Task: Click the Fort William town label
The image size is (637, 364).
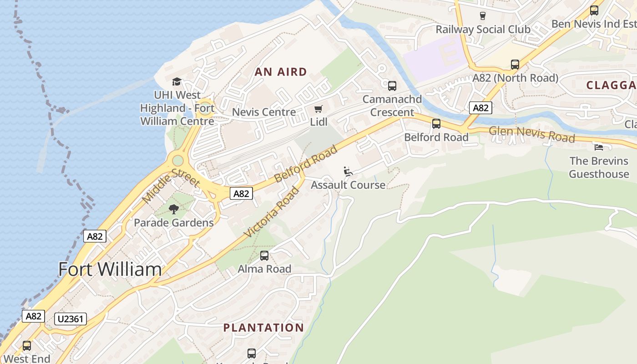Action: click(x=110, y=269)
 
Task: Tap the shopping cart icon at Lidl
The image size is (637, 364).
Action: click(x=318, y=109)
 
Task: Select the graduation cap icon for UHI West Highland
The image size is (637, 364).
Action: click(x=177, y=82)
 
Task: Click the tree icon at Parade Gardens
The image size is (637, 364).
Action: click(x=173, y=209)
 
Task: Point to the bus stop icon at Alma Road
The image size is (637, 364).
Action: click(x=264, y=256)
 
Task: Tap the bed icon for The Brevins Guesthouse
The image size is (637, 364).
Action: click(x=599, y=147)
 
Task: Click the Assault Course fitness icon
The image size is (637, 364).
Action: click(x=348, y=172)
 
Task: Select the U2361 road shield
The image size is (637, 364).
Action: click(x=70, y=318)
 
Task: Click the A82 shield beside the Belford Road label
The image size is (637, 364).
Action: click(x=241, y=193)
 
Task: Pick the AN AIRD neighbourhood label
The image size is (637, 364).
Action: click(x=281, y=72)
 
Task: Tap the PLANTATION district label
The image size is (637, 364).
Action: click(x=263, y=328)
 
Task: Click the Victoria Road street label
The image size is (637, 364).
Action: click(x=272, y=212)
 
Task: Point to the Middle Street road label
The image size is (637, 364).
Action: click(x=171, y=182)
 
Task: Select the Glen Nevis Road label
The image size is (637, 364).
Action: click(x=531, y=135)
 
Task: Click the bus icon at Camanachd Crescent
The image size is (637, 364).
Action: click(x=392, y=86)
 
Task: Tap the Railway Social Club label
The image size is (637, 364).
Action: click(x=483, y=30)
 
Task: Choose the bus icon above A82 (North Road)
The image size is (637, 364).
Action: click(x=515, y=65)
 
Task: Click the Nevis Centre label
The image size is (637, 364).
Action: click(x=264, y=112)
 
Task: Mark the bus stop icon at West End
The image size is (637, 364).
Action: click(x=27, y=346)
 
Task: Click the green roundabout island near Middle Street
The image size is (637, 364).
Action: click(x=177, y=161)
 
